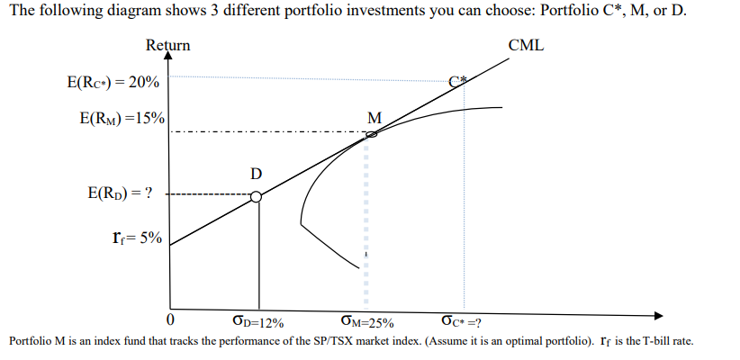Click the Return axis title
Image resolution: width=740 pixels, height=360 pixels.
(x=167, y=45)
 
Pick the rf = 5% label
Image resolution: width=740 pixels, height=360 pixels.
(x=136, y=238)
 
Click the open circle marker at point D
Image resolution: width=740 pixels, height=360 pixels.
(x=257, y=196)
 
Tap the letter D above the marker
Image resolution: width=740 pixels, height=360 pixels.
(x=257, y=173)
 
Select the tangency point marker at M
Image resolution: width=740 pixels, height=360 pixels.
(x=371, y=134)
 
